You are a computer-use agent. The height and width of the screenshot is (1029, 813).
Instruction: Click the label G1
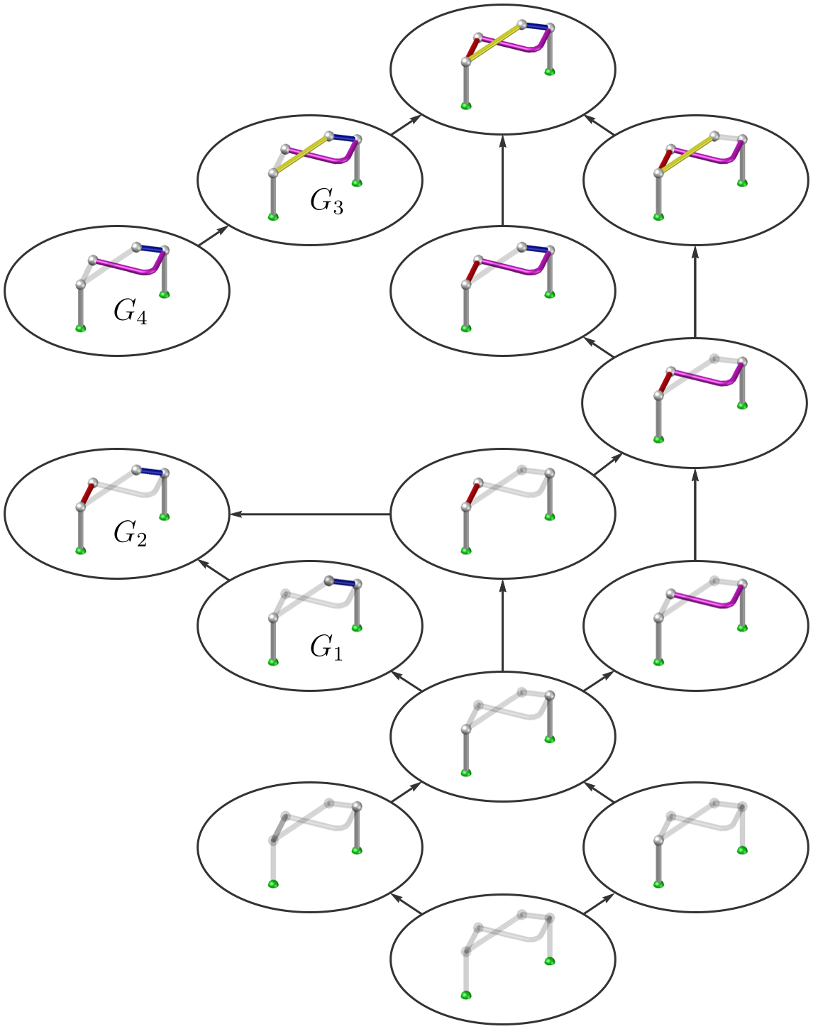pos(326,647)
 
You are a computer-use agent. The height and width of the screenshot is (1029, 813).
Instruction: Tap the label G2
pos(131,534)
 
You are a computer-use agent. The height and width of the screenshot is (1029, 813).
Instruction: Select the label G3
pos(326,202)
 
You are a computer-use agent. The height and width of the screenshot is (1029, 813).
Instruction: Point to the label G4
pos(131,312)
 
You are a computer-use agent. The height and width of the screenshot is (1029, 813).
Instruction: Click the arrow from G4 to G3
pos(214,236)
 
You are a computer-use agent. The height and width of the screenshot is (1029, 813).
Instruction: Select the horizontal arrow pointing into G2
pos(309,514)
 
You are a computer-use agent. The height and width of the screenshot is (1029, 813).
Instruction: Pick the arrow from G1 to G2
pos(213,570)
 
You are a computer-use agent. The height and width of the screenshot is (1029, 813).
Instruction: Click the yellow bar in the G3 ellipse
pos(302,155)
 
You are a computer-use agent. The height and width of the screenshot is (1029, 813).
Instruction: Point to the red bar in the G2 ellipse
pos(88,493)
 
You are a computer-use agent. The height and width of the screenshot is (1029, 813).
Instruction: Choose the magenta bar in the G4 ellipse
pos(128,267)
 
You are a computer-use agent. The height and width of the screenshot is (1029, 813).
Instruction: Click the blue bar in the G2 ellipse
pos(150,471)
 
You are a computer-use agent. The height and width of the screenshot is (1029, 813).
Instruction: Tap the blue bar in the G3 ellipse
pos(343,138)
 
